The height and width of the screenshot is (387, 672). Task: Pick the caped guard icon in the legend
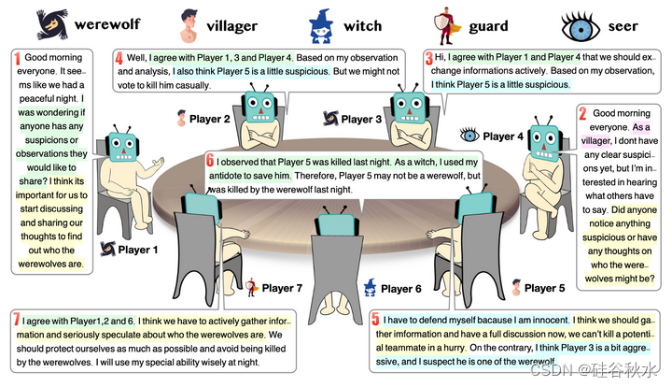(442, 23)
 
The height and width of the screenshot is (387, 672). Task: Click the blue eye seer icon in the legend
(579, 23)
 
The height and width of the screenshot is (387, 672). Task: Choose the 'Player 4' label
(504, 136)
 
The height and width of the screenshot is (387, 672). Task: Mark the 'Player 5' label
(545, 288)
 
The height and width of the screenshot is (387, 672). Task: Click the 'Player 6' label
(402, 289)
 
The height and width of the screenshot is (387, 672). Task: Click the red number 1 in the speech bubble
(17, 59)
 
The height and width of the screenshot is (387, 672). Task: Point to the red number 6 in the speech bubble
(212, 161)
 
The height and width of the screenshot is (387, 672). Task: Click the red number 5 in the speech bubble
(375, 319)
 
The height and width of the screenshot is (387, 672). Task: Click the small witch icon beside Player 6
(370, 287)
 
